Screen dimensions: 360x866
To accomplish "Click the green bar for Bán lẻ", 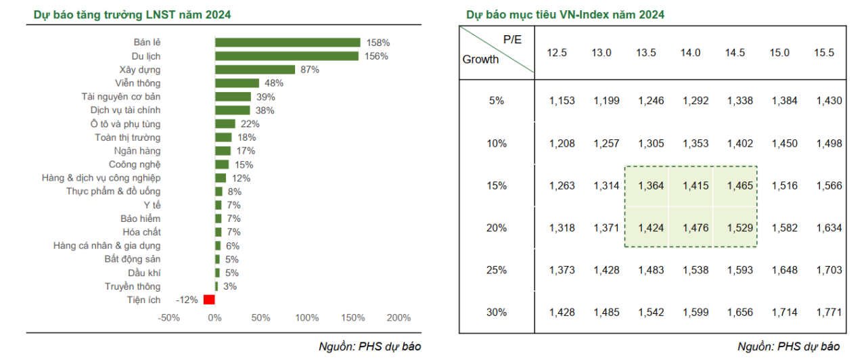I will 288,43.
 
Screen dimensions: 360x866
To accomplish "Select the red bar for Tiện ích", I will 209,300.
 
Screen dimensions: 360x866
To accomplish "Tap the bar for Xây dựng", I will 255,70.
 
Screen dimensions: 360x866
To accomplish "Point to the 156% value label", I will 377,56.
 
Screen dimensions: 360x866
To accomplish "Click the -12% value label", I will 186,300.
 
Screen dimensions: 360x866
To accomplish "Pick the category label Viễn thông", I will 138,83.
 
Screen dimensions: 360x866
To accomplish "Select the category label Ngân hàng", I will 138,151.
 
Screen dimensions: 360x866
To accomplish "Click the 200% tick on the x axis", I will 398,317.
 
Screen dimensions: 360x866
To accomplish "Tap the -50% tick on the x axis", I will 168,317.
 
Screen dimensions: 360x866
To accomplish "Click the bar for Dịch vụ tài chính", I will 233,110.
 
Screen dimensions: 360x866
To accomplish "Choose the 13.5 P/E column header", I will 645,53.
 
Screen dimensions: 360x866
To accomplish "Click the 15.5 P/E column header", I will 824,53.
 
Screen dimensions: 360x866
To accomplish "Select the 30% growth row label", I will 497,312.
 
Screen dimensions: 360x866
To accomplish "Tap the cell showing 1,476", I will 691,228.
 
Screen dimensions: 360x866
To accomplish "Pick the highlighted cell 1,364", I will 651,185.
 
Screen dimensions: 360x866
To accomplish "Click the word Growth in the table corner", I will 480,60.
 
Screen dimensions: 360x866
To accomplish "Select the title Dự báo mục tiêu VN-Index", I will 565,14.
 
